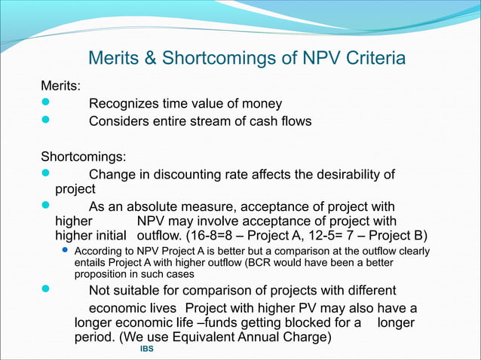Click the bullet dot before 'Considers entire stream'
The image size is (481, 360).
tap(45, 121)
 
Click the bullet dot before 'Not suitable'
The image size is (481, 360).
tap(45, 291)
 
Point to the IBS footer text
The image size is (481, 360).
tap(146, 351)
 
